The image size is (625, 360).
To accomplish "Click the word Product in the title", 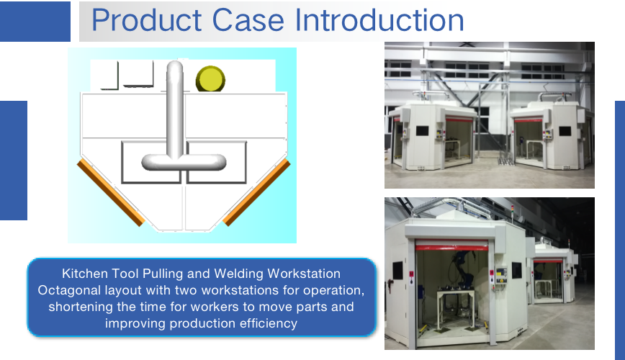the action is pyautogui.click(x=147, y=20).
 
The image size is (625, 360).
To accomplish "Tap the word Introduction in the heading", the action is pyautogui.click(x=379, y=20).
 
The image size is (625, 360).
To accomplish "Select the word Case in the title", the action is pyautogui.click(x=248, y=20).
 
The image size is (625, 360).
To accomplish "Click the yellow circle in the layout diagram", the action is pyautogui.click(x=210, y=79).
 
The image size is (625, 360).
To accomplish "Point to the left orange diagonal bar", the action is pyautogui.click(x=111, y=192).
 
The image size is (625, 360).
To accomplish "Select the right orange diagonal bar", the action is pyautogui.click(x=256, y=192).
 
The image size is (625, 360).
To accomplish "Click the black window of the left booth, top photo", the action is pyautogui.click(x=422, y=131).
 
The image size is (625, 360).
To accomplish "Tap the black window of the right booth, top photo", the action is pyautogui.click(x=565, y=131).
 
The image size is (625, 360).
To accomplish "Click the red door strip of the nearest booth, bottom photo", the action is pyautogui.click(x=451, y=247).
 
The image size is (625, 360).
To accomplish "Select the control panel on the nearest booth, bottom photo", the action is pyautogui.click(x=500, y=275).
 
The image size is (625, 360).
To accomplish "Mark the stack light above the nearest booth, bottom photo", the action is pyautogui.click(x=513, y=211).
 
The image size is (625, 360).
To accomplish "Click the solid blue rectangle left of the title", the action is pyautogui.click(x=35, y=22).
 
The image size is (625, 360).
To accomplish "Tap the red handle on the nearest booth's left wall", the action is pyautogui.click(x=390, y=284).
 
